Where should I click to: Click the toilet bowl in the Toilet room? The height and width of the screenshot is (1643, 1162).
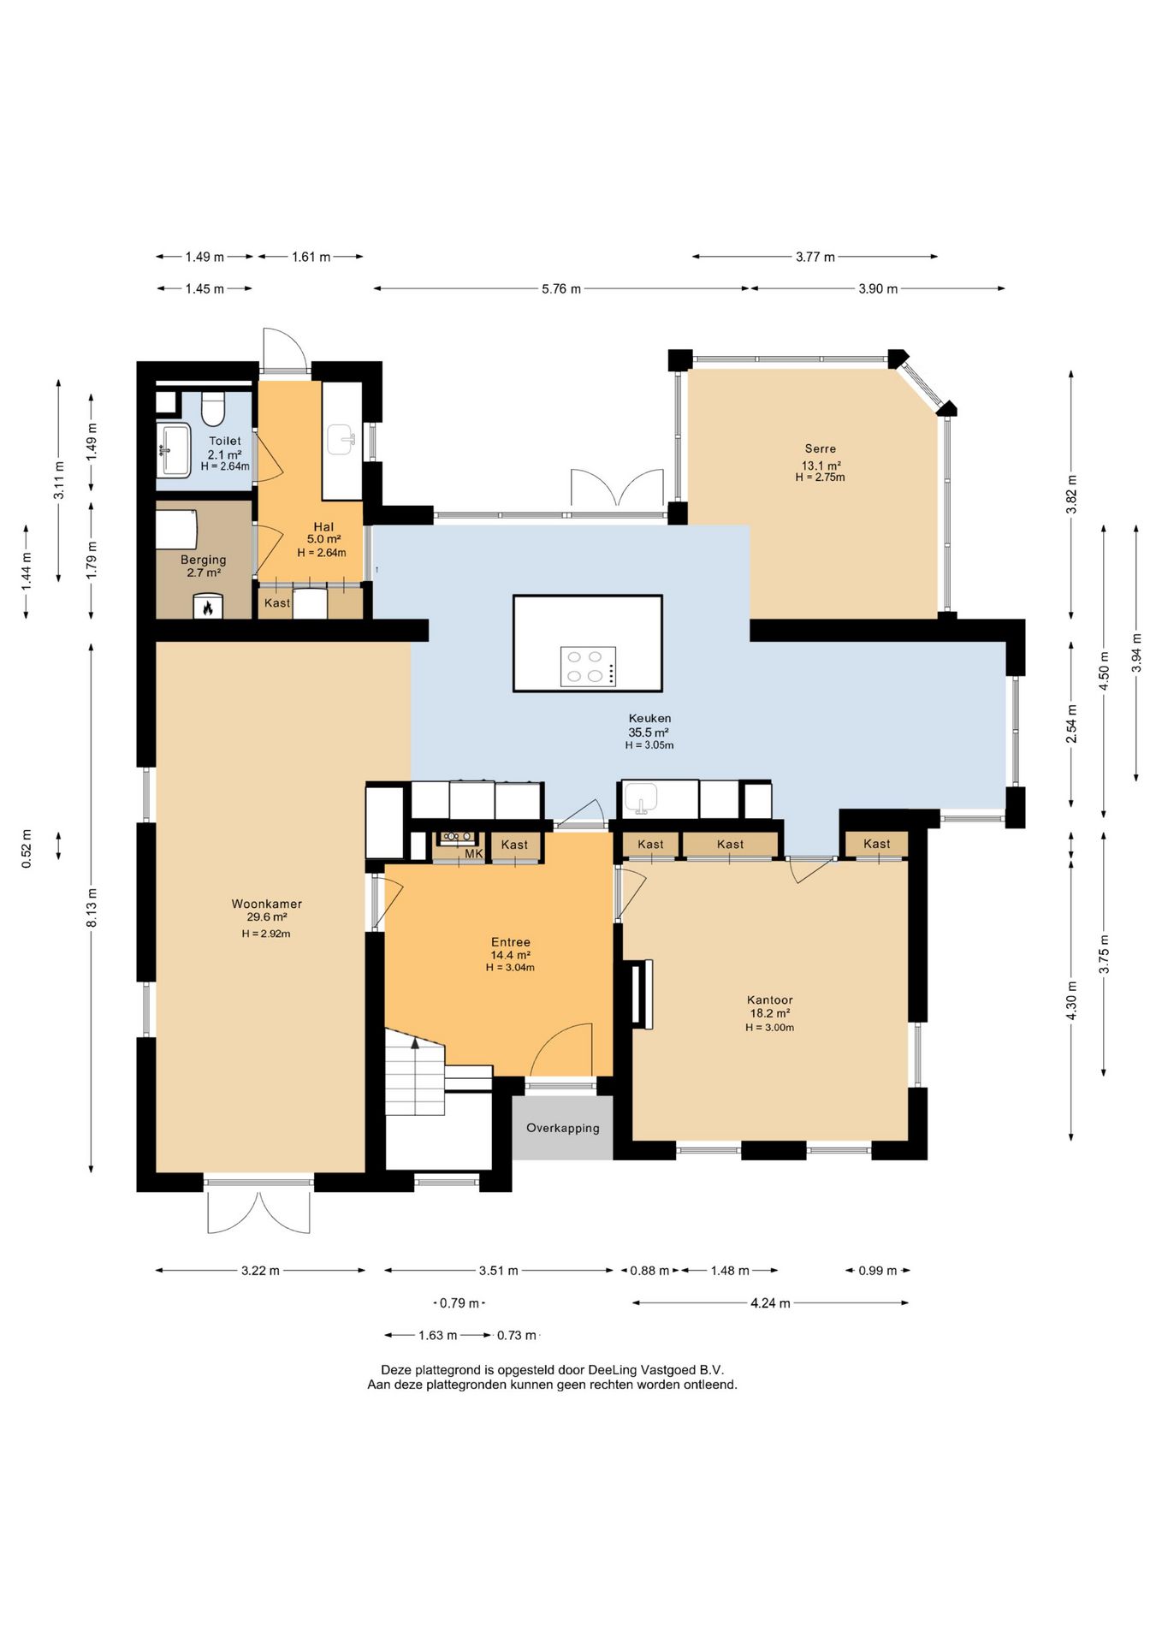(212, 408)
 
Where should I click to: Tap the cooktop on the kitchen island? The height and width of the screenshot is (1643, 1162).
(588, 666)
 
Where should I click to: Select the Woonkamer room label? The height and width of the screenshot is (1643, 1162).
(267, 904)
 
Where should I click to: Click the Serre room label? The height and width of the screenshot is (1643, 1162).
(821, 448)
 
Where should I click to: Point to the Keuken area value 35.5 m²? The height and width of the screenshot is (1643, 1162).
(649, 733)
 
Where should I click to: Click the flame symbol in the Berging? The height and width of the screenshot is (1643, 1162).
(207, 608)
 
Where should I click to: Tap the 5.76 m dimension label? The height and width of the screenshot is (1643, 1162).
(561, 289)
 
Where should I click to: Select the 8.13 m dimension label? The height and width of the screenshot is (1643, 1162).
(92, 907)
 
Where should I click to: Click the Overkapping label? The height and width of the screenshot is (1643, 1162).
(563, 1128)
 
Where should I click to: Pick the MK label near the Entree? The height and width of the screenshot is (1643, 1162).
(474, 854)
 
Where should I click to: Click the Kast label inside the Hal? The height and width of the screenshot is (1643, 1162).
(277, 603)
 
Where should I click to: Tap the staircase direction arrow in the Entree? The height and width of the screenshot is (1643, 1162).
(416, 1042)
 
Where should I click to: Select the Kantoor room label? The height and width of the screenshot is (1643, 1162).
(770, 999)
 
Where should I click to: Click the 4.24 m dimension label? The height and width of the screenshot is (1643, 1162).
(770, 1303)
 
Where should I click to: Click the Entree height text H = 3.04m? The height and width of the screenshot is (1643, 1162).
(510, 968)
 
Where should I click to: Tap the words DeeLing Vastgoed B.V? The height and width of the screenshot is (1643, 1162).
(655, 1370)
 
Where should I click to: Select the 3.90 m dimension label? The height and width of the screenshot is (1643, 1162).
(878, 289)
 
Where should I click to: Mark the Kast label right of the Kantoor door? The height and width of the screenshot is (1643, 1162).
(877, 844)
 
